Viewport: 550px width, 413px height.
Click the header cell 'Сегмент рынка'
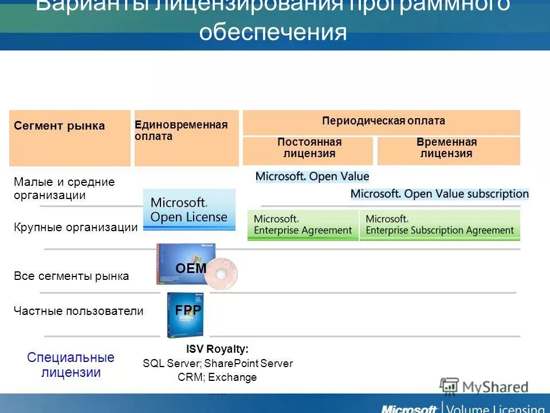point(60,126)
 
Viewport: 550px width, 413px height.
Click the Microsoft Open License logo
point(189,210)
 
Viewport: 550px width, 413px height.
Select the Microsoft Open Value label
point(312,176)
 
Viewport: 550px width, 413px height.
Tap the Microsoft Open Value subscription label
point(439,194)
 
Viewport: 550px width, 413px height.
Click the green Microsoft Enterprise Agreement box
point(303,225)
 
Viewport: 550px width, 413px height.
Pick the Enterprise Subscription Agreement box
point(439,225)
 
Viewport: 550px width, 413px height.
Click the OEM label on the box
point(190,267)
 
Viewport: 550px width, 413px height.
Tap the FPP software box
point(184,314)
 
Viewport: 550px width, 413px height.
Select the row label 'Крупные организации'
point(76,227)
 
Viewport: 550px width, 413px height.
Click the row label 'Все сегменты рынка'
point(71,276)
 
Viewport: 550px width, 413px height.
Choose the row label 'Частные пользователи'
point(78,311)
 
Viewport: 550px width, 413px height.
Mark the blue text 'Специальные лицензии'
point(70,365)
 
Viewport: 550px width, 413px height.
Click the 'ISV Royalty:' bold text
point(217,349)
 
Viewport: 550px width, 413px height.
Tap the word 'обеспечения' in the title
point(273,32)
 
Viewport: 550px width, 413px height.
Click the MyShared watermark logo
point(484,387)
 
